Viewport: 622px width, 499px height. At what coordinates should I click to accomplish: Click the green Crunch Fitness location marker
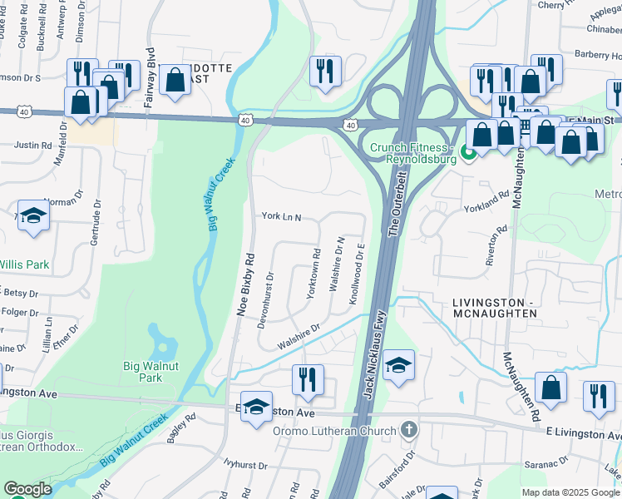pyautogui.click(x=467, y=153)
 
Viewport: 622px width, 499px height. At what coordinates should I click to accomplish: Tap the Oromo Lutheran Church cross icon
pyautogui.click(x=407, y=430)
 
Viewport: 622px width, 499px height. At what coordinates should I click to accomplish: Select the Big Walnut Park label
pyautogui.click(x=154, y=371)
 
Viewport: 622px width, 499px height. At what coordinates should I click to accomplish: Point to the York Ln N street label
pyautogui.click(x=280, y=217)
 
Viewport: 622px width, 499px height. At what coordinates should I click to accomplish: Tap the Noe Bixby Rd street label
pyautogui.click(x=244, y=283)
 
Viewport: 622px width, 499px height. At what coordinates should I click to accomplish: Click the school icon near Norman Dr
pyautogui.click(x=34, y=216)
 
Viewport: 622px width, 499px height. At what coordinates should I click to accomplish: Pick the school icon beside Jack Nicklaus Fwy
pyautogui.click(x=399, y=367)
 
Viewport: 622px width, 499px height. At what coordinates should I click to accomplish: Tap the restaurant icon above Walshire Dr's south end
pyautogui.click(x=308, y=380)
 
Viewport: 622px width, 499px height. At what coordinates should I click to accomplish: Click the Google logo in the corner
pyautogui.click(x=27, y=489)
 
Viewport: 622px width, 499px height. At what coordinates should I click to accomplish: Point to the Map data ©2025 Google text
pyautogui.click(x=570, y=492)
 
